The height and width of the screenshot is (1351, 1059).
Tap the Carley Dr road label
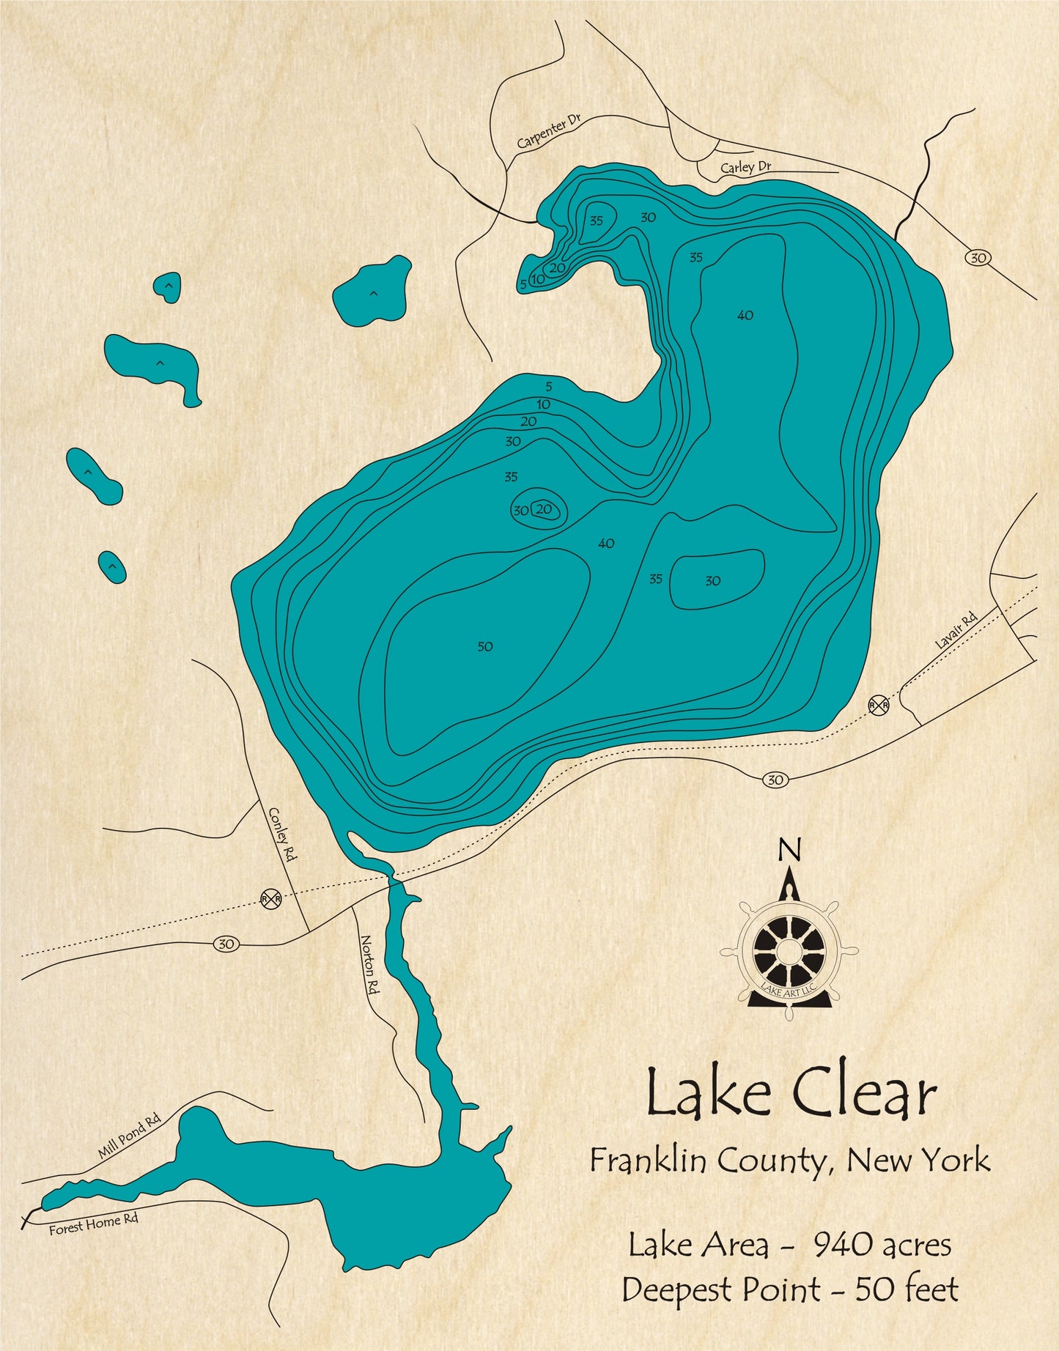click(x=745, y=167)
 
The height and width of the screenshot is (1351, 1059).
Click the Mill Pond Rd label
click(x=129, y=1137)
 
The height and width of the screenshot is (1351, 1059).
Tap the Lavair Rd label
click(x=956, y=632)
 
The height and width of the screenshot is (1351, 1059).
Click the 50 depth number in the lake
click(x=485, y=646)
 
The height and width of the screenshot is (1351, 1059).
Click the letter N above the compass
click(x=789, y=851)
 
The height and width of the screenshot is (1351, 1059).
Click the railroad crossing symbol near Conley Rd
click(x=270, y=897)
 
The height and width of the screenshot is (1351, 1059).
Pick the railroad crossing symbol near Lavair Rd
click(x=879, y=705)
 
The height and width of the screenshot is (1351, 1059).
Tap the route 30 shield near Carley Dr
click(x=978, y=257)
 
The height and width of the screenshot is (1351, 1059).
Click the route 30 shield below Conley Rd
click(x=226, y=944)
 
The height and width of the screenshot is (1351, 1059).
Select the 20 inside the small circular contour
click(x=544, y=509)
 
